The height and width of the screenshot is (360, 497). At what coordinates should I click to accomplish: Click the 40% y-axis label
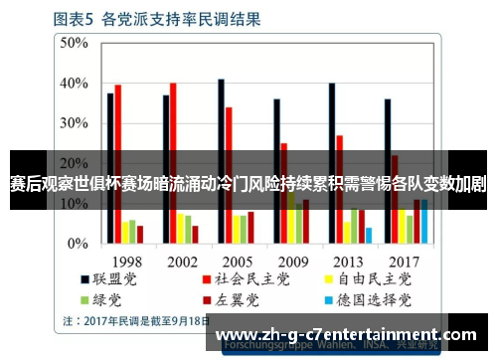pyautogui.click(x=74, y=83)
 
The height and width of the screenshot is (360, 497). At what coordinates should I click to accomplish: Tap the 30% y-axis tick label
pyautogui.click(x=74, y=123)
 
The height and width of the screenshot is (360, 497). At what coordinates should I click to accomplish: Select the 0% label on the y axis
pyautogui.click(x=78, y=243)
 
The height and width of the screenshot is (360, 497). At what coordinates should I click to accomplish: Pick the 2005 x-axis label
pyautogui.click(x=237, y=260)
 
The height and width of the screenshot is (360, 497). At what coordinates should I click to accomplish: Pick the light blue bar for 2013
pyautogui.click(x=368, y=235)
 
